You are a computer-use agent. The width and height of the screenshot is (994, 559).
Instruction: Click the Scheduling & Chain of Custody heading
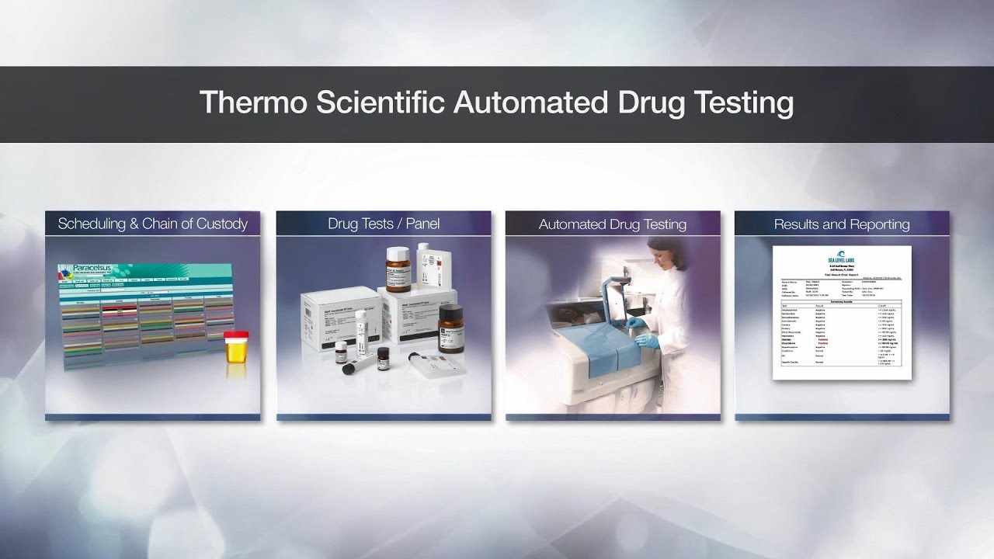pyautogui.click(x=153, y=224)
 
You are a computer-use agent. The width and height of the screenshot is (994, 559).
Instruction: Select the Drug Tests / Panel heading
pyautogui.click(x=384, y=224)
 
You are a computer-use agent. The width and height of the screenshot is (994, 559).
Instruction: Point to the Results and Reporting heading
pyautogui.click(x=842, y=224)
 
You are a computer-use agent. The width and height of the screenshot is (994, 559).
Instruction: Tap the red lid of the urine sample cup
pyautogui.click(x=236, y=335)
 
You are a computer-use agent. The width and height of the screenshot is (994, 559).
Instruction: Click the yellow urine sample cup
pyautogui.click(x=236, y=352)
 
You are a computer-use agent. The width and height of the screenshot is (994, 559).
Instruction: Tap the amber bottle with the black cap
pyautogui.click(x=450, y=329)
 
